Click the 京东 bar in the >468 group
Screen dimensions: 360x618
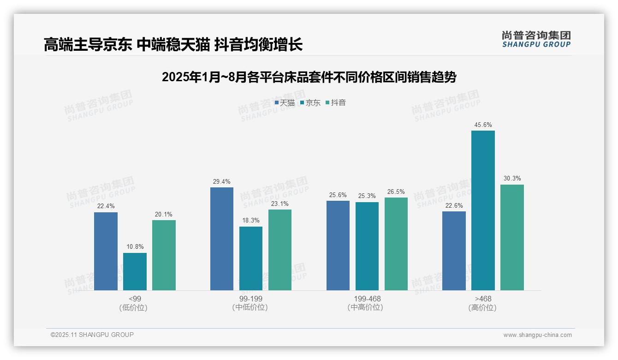[483, 210]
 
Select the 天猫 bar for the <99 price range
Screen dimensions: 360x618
[106, 252]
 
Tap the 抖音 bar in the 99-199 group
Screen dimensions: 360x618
[280, 250]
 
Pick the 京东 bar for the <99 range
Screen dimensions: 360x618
[135, 272]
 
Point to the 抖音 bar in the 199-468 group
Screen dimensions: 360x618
[396, 244]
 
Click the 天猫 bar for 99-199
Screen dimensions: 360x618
[222, 239]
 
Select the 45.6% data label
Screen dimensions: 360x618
[483, 125]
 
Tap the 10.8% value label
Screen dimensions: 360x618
[135, 247]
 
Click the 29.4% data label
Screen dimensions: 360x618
[222, 182]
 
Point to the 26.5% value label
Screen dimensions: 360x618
[396, 192]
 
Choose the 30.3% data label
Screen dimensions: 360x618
[512, 179]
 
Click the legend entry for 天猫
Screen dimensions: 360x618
[285, 103]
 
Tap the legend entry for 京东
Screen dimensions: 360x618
[310, 103]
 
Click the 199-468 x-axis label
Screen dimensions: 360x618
[367, 299]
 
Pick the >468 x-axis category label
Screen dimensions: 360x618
[483, 299]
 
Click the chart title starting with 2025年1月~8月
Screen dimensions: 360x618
[309, 77]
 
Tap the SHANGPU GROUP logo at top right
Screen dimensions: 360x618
[536, 39]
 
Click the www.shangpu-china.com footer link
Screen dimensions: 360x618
[537, 335]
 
